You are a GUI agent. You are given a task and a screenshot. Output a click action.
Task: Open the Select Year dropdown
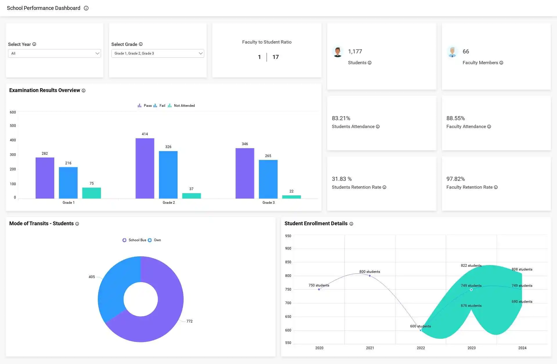tap(54, 53)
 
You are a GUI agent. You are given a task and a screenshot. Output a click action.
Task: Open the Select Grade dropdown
tap(158, 53)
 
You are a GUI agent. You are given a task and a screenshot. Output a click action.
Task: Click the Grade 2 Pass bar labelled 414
tap(145, 168)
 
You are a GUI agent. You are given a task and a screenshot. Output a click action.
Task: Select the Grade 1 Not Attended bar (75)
tap(91, 193)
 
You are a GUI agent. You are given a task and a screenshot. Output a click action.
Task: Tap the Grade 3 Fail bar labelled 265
tap(268, 179)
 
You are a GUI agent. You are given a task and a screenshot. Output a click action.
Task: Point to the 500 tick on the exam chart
tap(13, 126)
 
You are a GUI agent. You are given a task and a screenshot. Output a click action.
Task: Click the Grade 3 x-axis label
tap(268, 203)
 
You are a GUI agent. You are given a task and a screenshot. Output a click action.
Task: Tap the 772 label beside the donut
tap(189, 321)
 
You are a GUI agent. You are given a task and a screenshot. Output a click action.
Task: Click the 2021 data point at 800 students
tap(370, 276)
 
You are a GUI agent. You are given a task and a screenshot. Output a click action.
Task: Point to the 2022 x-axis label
tap(421, 348)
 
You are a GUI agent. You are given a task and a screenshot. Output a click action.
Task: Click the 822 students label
tap(471, 266)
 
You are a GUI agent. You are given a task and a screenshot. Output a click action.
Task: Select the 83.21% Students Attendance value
tap(341, 118)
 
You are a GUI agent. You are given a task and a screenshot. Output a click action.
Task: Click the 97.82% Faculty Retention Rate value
tap(455, 179)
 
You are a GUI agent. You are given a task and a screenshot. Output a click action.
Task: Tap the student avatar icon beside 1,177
tap(337, 52)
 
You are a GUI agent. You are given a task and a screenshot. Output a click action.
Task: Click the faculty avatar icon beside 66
tap(452, 52)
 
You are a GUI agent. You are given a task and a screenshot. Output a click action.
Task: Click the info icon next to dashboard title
tap(86, 8)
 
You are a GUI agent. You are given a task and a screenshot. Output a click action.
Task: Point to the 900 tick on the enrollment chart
tap(288, 248)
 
